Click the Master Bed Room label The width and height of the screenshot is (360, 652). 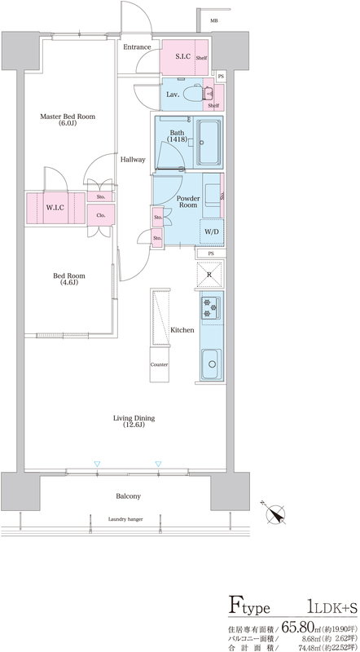(68, 119)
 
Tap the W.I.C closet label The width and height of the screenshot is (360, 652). (55, 208)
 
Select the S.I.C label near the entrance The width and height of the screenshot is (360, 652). (183, 57)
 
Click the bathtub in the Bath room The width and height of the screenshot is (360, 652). (209, 143)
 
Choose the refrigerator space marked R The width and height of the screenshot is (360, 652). (209, 275)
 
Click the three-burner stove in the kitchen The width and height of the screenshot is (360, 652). (210, 309)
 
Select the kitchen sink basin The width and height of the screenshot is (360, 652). (213, 364)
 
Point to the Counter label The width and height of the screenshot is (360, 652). (159, 364)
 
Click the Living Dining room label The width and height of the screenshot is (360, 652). (134, 421)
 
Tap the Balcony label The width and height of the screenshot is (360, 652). (128, 496)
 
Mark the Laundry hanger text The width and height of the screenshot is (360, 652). (125, 519)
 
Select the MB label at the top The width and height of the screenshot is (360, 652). (213, 21)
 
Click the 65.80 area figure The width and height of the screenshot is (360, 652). (299, 625)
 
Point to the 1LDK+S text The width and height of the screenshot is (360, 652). (333, 608)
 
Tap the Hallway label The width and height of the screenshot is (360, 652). (133, 159)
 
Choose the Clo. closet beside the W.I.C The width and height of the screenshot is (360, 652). (101, 215)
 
